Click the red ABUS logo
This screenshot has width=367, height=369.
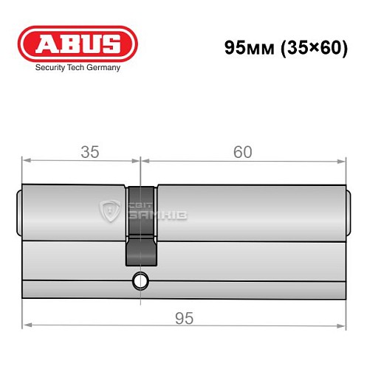click(x=78, y=44)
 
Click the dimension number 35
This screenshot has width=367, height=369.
click(x=89, y=152)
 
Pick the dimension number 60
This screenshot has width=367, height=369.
click(x=242, y=152)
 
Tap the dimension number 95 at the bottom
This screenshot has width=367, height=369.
click(x=184, y=318)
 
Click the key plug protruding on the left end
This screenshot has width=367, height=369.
click(x=19, y=213)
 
